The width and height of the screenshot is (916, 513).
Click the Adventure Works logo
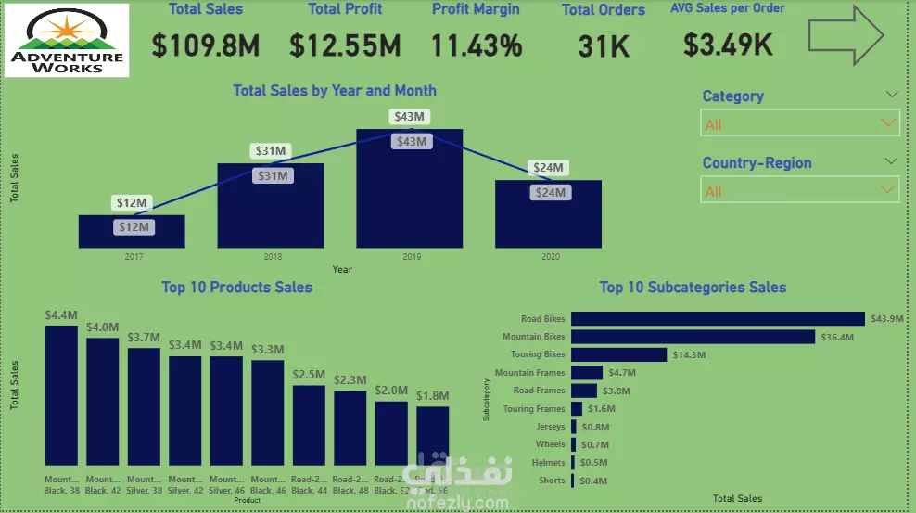(67, 41)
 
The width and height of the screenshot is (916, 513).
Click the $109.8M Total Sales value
(206, 45)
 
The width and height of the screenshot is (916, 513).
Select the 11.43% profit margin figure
(477, 45)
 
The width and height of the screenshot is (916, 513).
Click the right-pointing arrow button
(846, 36)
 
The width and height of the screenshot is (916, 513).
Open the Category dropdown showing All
(799, 123)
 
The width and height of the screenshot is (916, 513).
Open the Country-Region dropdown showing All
(799, 191)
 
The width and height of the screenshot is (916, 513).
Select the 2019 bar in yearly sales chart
(410, 195)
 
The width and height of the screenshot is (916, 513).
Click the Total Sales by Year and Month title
(335, 91)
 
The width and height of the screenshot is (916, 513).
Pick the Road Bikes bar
(718, 318)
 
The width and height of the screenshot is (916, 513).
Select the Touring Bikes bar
(618, 354)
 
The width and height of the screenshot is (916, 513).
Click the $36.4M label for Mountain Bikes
(837, 337)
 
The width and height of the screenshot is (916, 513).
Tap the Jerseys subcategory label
(550, 427)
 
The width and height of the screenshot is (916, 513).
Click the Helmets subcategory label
(549, 462)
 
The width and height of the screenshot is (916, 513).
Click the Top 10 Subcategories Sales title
(693, 288)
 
